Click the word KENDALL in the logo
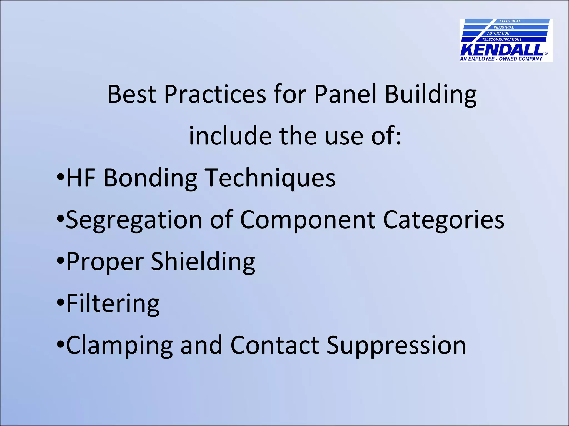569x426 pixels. (x=502, y=50)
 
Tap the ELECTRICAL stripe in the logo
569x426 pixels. (x=510, y=21)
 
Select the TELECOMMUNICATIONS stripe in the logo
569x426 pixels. (x=502, y=39)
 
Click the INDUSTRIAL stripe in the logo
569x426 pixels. (x=503, y=27)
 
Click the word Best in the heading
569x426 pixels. (x=132, y=94)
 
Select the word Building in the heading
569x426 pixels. (x=431, y=95)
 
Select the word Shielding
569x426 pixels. (x=203, y=262)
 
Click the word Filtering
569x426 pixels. (x=113, y=304)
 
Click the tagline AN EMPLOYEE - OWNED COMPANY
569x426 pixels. (x=501, y=59)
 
